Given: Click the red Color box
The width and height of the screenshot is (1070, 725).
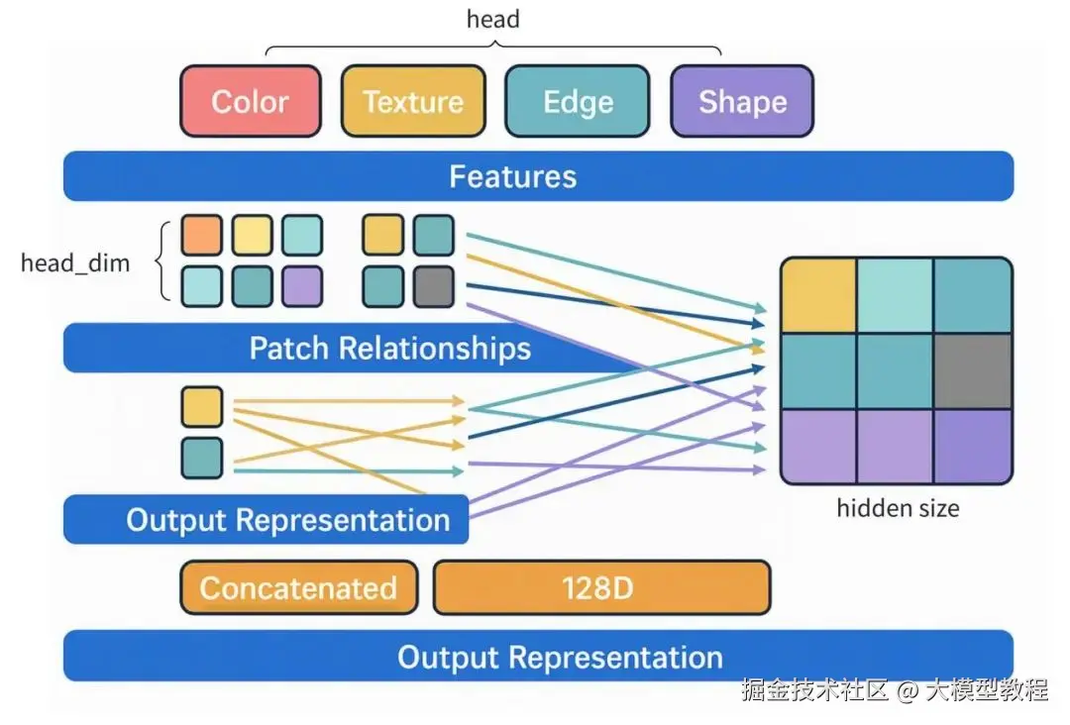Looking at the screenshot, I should (250, 101).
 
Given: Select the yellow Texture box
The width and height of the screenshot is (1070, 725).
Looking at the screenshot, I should (413, 101).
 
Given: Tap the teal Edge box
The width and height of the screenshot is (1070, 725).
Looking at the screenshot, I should (578, 101).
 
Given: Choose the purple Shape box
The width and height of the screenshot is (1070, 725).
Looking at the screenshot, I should (742, 101).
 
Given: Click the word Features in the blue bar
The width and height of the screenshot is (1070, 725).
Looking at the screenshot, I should (512, 176).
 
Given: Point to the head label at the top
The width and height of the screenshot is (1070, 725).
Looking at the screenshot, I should (492, 19).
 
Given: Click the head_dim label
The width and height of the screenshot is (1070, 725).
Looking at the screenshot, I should (75, 263).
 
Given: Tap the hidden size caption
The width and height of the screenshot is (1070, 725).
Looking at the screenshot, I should (898, 508).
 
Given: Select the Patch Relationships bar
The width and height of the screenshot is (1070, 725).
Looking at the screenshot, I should (389, 349).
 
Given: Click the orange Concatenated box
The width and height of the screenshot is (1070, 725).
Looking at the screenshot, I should (298, 587).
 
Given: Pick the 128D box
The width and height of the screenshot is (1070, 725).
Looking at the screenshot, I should (601, 587).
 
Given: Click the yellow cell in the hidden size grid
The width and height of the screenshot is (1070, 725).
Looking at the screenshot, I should (818, 295).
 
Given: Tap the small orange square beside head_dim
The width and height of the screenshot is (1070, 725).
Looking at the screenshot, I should (201, 236).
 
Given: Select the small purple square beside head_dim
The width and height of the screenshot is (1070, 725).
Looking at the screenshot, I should (301, 286).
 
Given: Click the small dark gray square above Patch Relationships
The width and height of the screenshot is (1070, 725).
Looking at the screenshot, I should (433, 286).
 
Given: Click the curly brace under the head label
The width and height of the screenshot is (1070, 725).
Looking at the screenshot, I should (492, 49).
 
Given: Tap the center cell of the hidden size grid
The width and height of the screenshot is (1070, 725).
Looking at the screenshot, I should (896, 370).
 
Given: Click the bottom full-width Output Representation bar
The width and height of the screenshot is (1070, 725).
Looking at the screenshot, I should (538, 657).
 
